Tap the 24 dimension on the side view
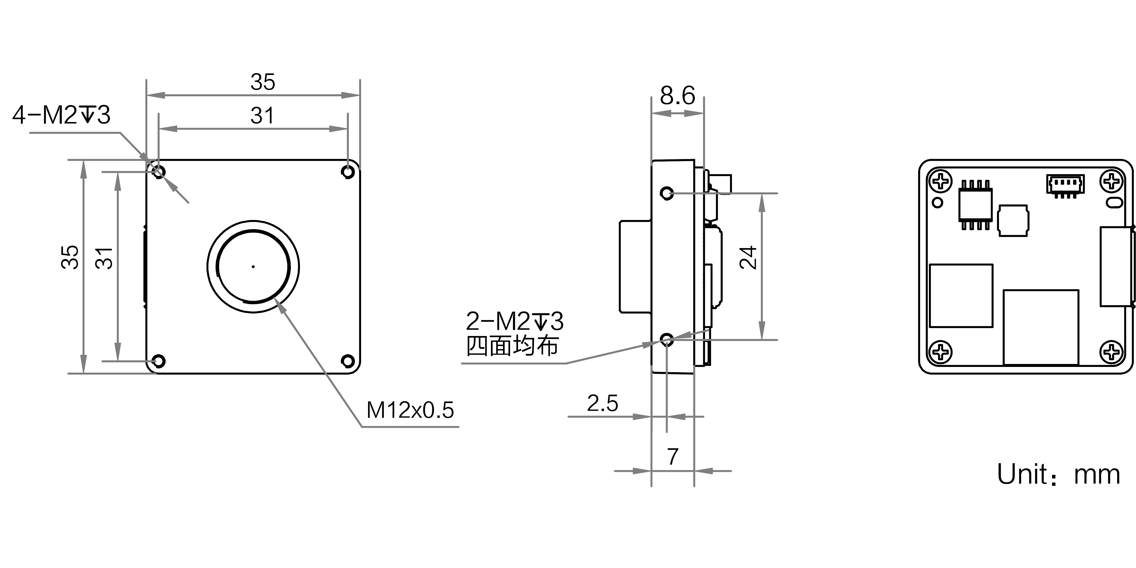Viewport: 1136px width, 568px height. [x=748, y=258]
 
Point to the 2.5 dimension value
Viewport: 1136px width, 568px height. [x=602, y=403]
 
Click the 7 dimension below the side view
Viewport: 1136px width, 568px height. [x=673, y=456]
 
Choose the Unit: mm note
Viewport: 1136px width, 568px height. [x=1058, y=475]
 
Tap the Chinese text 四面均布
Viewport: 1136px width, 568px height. [x=512, y=346]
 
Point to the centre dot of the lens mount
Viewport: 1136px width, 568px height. [x=253, y=266]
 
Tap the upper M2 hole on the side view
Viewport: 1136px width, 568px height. [x=667, y=193]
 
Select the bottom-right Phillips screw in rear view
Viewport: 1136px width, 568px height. [x=1112, y=352]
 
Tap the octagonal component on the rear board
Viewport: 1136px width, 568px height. [x=1013, y=220]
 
